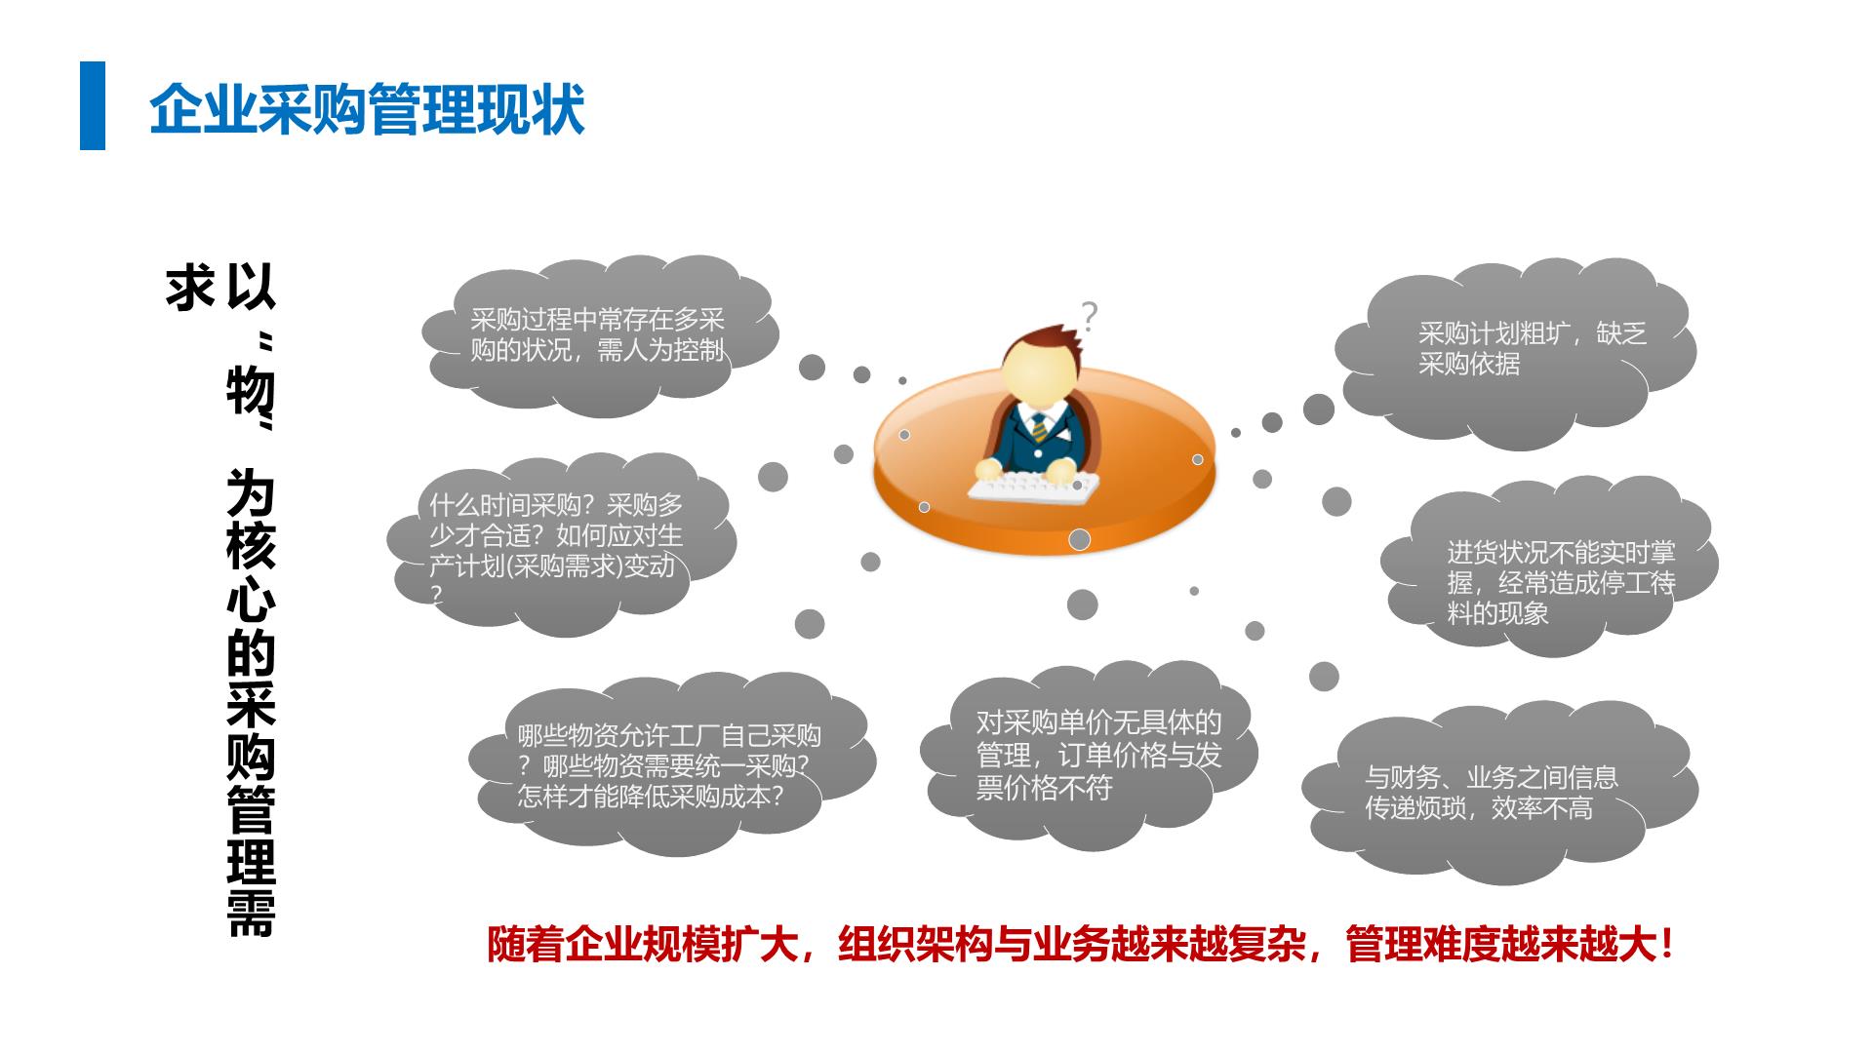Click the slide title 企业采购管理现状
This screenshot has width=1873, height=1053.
[367, 107]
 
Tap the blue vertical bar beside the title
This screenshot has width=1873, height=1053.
[93, 105]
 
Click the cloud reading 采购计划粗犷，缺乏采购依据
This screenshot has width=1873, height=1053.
[1515, 353]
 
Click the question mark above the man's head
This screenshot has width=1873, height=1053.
[1090, 316]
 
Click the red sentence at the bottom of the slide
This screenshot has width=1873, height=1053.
[1081, 944]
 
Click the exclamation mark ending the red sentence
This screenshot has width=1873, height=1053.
[1666, 944]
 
